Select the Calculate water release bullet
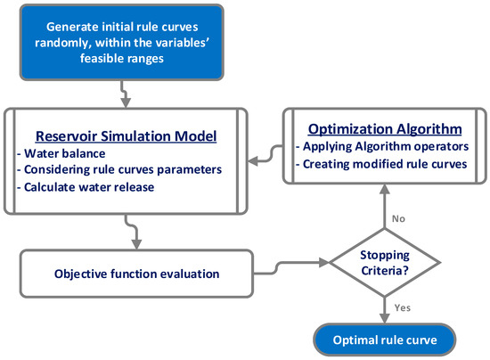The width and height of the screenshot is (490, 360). point(86,186)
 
